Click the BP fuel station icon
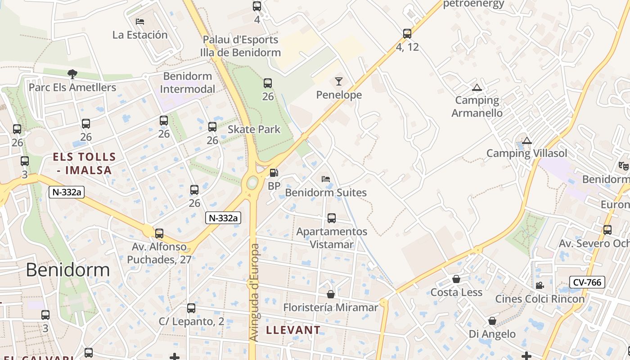click(273, 173)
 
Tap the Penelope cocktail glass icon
click(338, 81)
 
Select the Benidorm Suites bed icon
click(326, 179)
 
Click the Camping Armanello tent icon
click(477, 87)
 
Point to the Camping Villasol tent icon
click(527, 140)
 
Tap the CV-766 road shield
click(587, 282)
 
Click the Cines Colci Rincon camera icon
click(540, 285)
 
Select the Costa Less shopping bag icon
click(456, 279)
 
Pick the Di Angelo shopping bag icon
click(492, 321)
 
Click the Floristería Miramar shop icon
click(331, 294)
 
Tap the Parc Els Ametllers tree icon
click(72, 74)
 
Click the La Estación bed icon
click(140, 21)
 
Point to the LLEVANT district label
click(293, 330)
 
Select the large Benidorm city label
click(68, 270)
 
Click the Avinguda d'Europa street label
click(254, 292)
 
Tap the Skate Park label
click(254, 130)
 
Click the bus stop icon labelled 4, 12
click(407, 33)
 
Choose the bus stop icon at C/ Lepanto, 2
click(191, 308)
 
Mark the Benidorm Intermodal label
click(188, 82)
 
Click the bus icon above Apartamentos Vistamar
click(332, 218)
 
